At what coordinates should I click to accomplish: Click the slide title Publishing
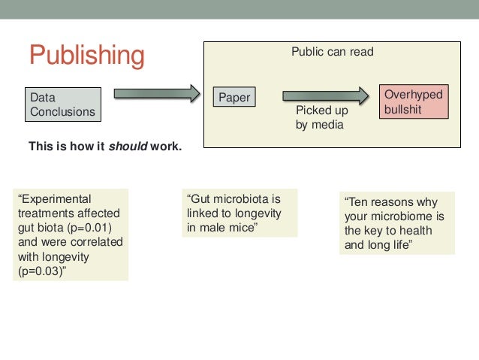[86, 56]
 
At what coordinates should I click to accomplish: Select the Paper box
[234, 97]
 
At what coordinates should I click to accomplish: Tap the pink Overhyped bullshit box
[413, 101]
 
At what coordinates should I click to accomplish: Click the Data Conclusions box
[63, 104]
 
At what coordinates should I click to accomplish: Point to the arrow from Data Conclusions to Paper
[156, 94]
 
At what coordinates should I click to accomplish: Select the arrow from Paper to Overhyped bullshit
[325, 95]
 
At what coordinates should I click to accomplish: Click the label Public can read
[332, 53]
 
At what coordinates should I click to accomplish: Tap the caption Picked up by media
[321, 118]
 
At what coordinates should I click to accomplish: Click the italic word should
[128, 146]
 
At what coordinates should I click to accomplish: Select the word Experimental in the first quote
[56, 199]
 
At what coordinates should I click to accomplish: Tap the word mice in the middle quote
[242, 228]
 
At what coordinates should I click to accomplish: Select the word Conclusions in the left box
[63, 112]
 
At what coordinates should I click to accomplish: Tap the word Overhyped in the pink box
[413, 95]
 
